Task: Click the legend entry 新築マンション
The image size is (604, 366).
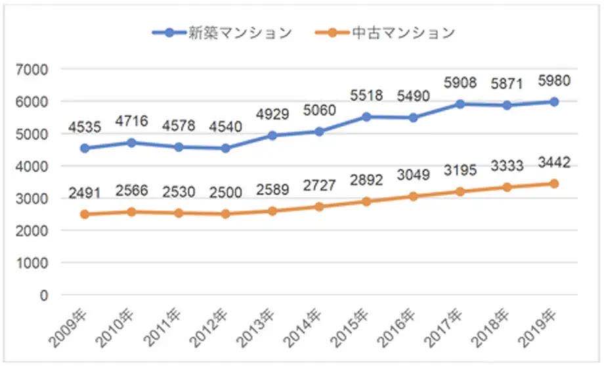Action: pos(221,33)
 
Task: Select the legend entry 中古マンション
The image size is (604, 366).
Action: pos(383,33)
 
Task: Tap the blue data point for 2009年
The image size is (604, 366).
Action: pos(85,149)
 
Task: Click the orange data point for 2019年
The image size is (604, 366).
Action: pos(555,184)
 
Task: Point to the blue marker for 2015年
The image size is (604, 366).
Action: pos(366,117)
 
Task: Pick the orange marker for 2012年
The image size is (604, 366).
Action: pos(226,214)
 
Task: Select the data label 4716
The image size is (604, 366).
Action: pos(131,121)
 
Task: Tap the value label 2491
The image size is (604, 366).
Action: pos(85,193)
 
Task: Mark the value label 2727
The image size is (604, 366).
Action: pos(320,186)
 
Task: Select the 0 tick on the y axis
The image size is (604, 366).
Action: pos(44,296)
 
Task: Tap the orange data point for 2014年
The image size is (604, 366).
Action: pos(320,206)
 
